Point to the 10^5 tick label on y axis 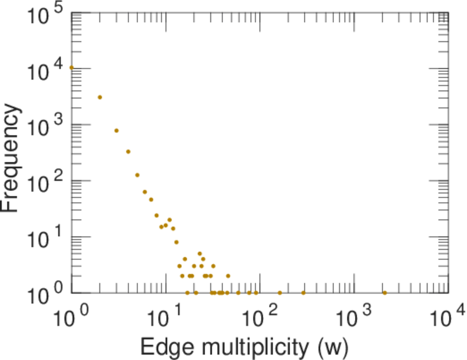pyautogui.click(x=46, y=17)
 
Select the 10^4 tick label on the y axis pyautogui.click(x=46, y=73)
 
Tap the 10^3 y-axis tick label pyautogui.click(x=46, y=128)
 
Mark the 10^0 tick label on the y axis pyautogui.click(x=46, y=296)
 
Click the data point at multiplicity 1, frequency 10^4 pyautogui.click(x=72, y=68)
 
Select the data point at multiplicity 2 pyautogui.click(x=100, y=97)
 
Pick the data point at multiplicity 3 pyautogui.click(x=116, y=130)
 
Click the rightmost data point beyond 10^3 pyautogui.click(x=384, y=293)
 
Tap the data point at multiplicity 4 pyautogui.click(x=128, y=152)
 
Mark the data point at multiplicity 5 pyautogui.click(x=137, y=175)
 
